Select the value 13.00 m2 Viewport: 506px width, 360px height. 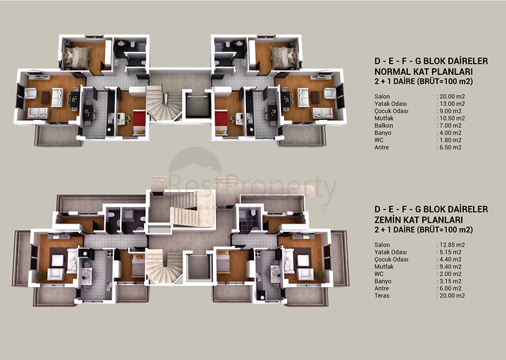click(452, 103)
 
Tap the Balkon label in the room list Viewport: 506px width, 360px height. click(384, 125)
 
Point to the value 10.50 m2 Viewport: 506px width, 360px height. click(452, 118)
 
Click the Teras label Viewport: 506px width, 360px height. click(382, 295)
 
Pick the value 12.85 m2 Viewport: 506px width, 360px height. click(452, 244)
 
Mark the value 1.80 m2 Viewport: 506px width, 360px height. click(451, 140)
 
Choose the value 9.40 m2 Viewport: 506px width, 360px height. click(451, 267)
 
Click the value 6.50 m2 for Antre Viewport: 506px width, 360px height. click(451, 147)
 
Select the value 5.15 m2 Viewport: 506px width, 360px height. click(451, 252)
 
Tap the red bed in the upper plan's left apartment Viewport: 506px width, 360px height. click(139, 123)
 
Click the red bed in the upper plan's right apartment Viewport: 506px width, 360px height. click(221, 123)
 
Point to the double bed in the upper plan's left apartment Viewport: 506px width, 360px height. click(77, 57)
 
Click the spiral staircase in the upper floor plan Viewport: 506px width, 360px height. click(164, 103)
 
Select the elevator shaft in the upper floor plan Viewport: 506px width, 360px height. click(198, 106)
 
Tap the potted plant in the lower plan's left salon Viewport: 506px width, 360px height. click(41, 275)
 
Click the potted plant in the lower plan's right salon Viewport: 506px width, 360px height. click(319, 275)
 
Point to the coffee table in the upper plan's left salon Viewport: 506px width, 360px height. click(45, 97)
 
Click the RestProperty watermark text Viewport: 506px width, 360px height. click(253, 187)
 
